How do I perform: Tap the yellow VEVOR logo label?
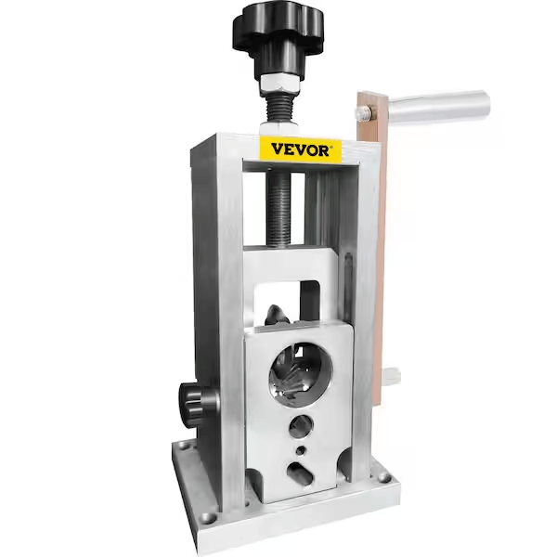pos(300,149)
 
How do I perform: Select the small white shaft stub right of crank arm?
pos(393,376)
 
